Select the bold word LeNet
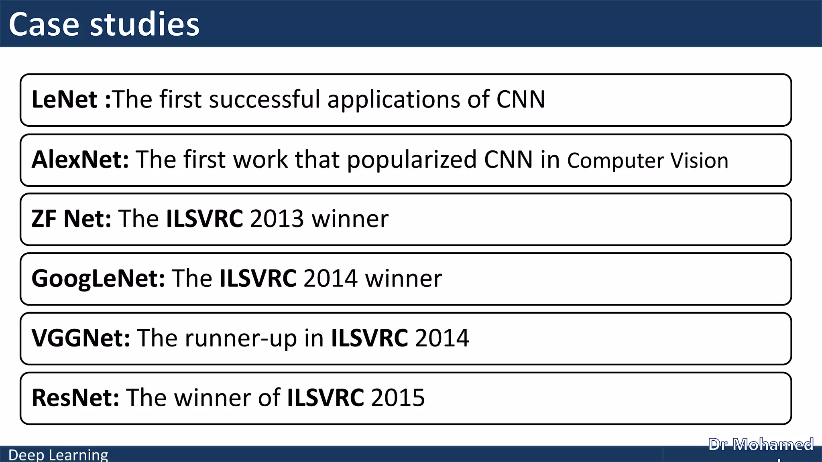point(64,99)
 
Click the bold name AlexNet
point(80,160)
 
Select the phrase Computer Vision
point(647,161)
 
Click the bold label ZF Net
point(71,219)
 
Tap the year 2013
point(277,219)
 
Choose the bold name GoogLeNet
point(98,278)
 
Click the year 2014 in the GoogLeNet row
point(330,278)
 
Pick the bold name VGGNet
point(81,338)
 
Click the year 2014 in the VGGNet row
point(442,338)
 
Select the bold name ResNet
point(75,398)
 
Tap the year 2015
point(397,398)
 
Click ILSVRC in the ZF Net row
point(204,219)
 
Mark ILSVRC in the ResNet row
point(326,398)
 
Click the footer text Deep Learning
point(58,455)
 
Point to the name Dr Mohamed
point(761,445)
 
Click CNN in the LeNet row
point(521,99)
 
